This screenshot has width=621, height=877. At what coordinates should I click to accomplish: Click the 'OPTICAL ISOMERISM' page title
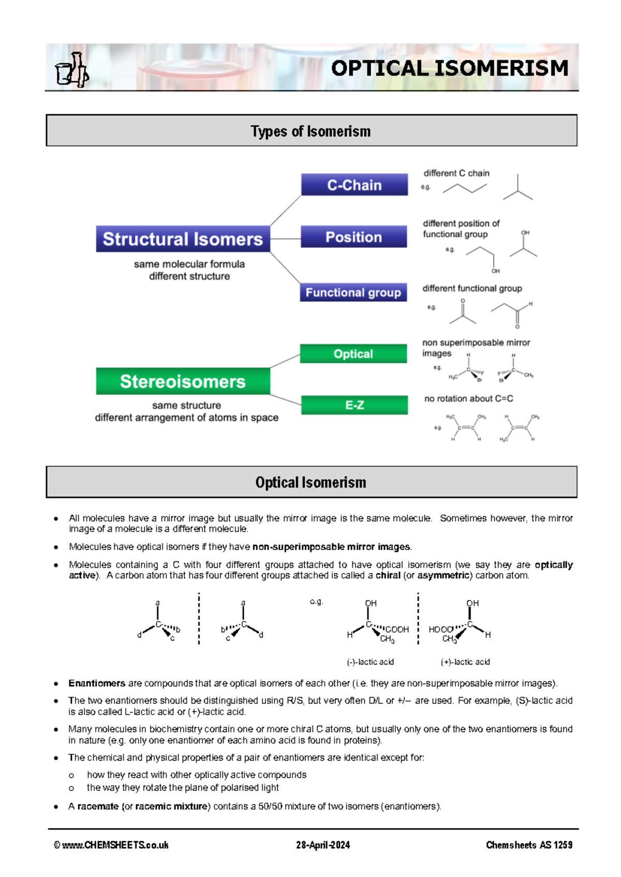[x=449, y=68]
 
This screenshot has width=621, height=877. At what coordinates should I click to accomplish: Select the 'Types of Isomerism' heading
[x=311, y=131]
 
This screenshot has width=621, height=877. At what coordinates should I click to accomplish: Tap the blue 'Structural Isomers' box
[x=183, y=239]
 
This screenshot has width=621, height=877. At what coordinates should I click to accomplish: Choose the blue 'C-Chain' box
[x=354, y=185]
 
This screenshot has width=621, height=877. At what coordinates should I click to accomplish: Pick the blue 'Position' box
[x=354, y=237]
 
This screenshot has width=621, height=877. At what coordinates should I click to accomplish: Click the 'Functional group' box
[x=353, y=292]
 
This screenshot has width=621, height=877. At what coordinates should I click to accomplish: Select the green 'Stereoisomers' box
[x=183, y=381]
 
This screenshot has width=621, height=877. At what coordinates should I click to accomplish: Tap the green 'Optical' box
[x=353, y=354]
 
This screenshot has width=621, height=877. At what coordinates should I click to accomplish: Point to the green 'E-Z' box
[x=354, y=405]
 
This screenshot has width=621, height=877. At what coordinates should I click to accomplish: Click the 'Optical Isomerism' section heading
[x=311, y=482]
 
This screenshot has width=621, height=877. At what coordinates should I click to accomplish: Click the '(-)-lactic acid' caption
[x=370, y=662]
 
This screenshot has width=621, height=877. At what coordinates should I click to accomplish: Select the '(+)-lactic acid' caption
[x=465, y=662]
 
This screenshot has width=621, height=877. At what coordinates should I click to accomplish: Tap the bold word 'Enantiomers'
[x=97, y=683]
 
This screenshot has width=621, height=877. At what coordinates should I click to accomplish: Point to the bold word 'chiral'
[x=388, y=576]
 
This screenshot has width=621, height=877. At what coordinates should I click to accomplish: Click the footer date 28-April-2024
[x=323, y=845]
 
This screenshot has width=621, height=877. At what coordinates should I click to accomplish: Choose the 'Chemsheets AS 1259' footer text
[x=529, y=845]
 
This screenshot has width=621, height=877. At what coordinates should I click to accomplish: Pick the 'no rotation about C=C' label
[x=469, y=399]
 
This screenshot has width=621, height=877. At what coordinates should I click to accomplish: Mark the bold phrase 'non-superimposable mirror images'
[x=331, y=547]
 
